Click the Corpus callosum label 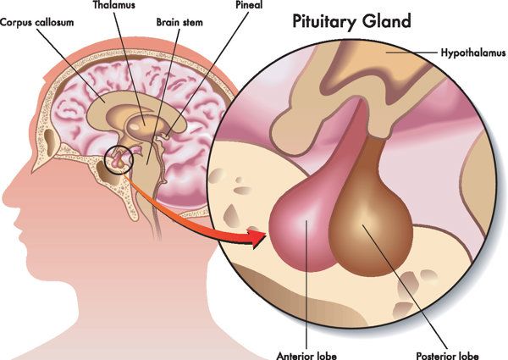[x=36, y=23]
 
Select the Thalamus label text [x=114, y=5]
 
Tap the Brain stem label [x=179, y=22]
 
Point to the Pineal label [x=249, y=5]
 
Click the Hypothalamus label [x=473, y=53]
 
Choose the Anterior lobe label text [x=306, y=355]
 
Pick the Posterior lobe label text [x=447, y=356]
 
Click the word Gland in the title [x=387, y=21]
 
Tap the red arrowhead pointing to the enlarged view [x=258, y=238]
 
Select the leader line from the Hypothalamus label [x=411, y=53]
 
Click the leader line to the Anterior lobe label [x=306, y=285]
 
